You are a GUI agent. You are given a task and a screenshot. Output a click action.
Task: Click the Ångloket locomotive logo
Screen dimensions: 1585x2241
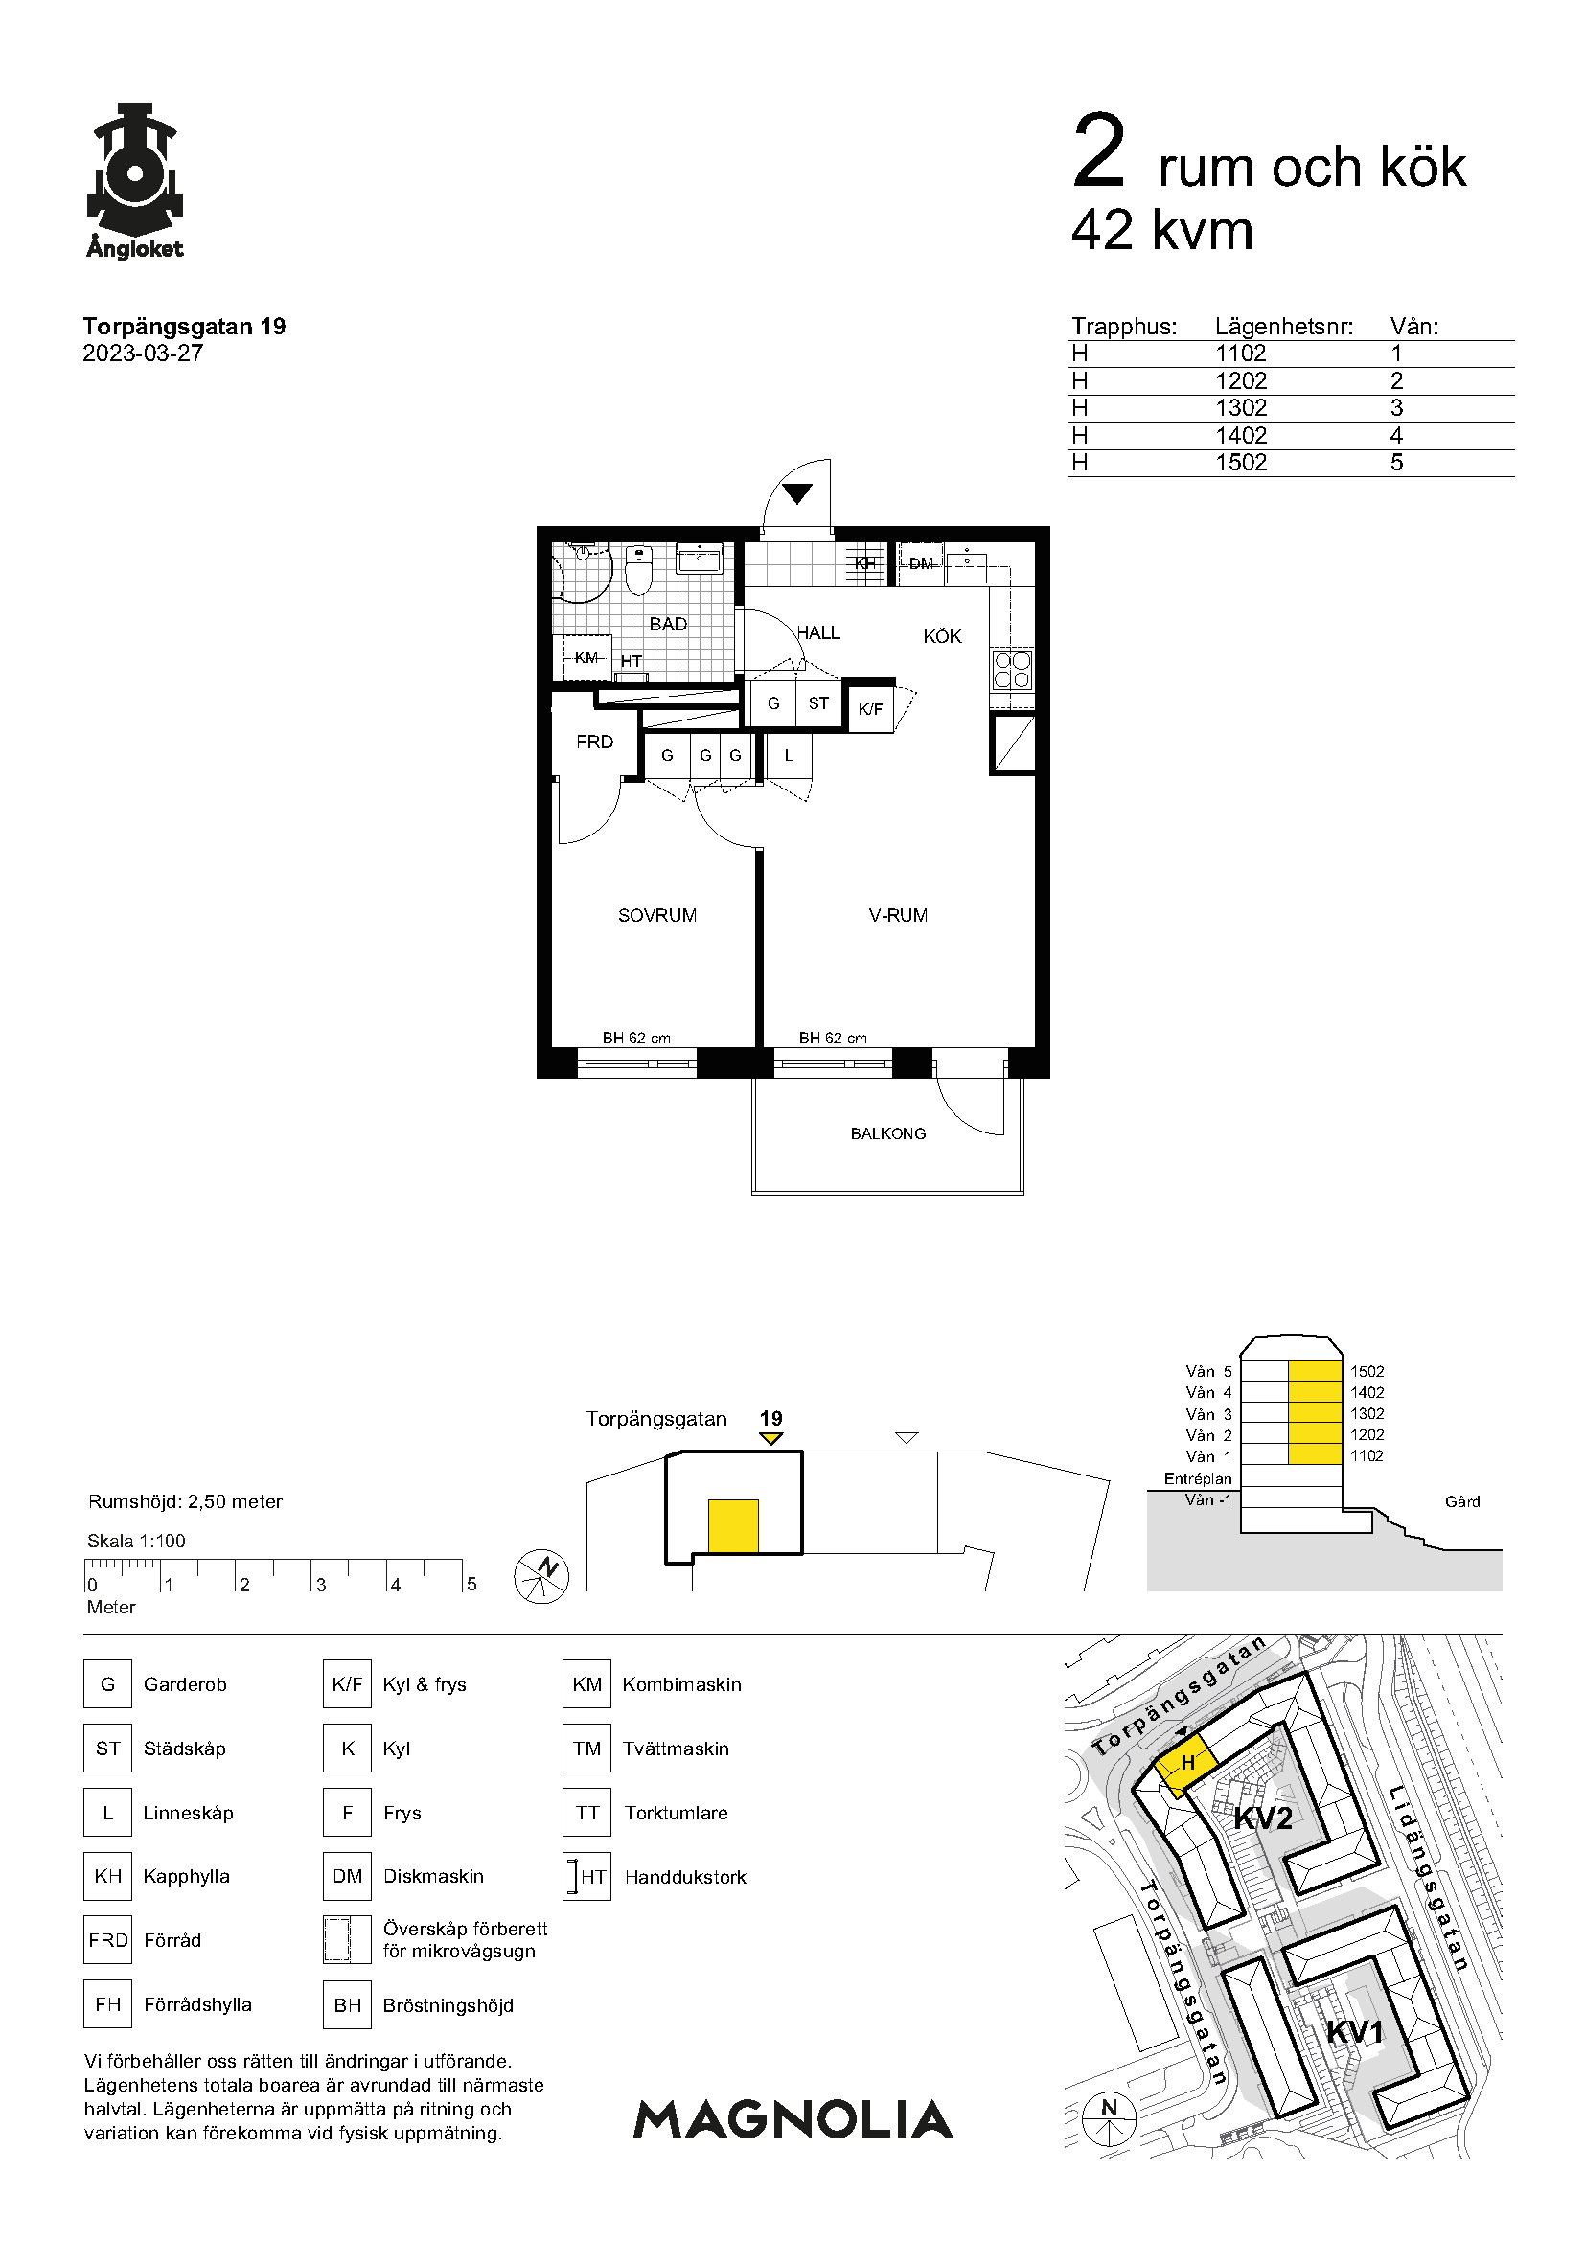(x=135, y=180)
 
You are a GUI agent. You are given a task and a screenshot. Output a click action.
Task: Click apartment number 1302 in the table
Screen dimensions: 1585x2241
(x=1240, y=408)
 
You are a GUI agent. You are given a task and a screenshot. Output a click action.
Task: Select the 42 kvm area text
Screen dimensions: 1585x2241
(x=1161, y=230)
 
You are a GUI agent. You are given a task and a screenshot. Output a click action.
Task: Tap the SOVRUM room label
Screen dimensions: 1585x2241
(x=656, y=916)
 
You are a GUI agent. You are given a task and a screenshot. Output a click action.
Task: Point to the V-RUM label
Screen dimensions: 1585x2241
(x=898, y=916)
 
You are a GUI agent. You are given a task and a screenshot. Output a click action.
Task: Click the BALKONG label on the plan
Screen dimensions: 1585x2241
(x=888, y=1133)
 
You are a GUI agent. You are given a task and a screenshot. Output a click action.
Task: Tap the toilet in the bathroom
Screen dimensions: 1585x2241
(x=637, y=570)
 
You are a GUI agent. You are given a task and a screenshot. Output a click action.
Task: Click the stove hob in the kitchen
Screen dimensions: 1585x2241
(x=1012, y=670)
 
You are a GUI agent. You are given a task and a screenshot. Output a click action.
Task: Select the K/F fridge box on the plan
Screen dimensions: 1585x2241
(x=870, y=710)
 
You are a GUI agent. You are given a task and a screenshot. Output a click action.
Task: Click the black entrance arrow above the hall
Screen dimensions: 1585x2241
(x=797, y=493)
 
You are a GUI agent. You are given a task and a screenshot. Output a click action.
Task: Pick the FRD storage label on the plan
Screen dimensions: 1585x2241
(x=594, y=742)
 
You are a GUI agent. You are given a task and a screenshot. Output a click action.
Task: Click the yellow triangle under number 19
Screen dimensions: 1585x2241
(x=771, y=1439)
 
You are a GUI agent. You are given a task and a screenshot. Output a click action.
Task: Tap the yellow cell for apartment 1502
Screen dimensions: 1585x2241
(x=1315, y=1371)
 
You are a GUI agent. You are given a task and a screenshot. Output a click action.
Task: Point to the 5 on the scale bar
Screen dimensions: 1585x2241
(x=471, y=1584)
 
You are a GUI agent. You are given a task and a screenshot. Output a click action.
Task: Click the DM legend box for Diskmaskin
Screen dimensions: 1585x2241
(x=348, y=1876)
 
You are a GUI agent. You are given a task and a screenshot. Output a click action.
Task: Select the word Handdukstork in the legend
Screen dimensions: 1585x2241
(x=685, y=1877)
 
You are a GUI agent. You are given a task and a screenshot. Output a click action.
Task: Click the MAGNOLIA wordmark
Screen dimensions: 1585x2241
(x=793, y=2119)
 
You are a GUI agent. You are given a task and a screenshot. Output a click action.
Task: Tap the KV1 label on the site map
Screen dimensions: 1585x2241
(x=1355, y=2032)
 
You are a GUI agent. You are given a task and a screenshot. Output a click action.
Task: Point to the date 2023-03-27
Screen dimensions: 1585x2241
(x=143, y=354)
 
